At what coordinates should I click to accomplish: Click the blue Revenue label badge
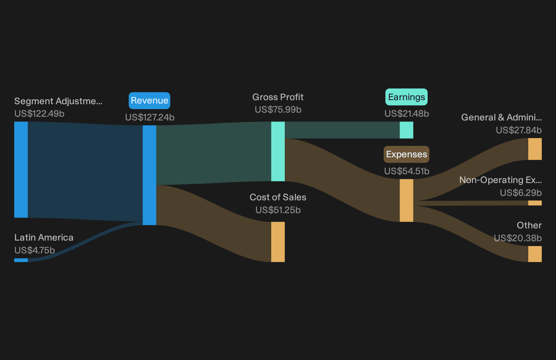pos(149,100)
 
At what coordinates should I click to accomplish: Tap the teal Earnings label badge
pos(406,97)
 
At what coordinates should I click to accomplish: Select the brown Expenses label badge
pos(406,154)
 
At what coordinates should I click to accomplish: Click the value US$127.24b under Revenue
pos(150,117)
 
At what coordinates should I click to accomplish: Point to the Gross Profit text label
pos(278,97)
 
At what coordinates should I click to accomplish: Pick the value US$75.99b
pos(278,110)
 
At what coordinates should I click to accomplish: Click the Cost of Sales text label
pos(278,197)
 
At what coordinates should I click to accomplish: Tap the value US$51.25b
pos(278,210)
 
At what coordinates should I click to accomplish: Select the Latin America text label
pos(44,238)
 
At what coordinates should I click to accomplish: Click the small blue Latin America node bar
pos(21,260)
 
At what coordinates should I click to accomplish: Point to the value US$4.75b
pos(35,250)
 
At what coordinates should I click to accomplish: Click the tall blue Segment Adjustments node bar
pos(21,170)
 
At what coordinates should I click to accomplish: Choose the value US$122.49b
pos(39,114)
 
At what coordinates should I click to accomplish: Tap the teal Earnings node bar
pos(406,130)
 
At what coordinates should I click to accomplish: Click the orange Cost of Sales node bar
pos(278,242)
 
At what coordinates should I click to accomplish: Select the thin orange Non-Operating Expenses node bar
pos(535,203)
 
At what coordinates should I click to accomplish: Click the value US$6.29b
pos(521,193)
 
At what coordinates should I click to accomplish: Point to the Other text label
pos(529,225)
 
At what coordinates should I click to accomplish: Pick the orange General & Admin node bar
pos(535,149)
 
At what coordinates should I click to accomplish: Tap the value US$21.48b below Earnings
pos(407,114)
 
